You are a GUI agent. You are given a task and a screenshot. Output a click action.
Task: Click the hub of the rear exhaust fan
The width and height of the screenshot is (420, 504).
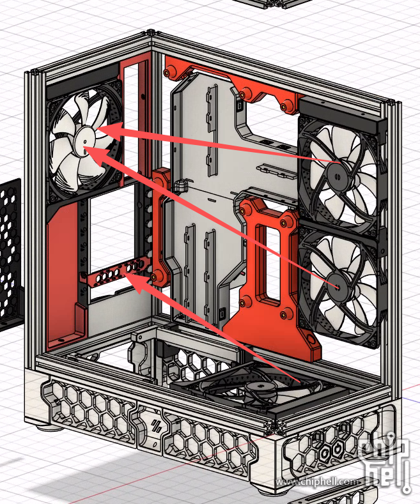[84, 141]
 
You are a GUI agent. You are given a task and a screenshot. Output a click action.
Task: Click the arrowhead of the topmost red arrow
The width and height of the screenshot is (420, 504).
[109, 131]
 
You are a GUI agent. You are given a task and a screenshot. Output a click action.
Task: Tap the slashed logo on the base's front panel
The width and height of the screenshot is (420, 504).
[156, 426]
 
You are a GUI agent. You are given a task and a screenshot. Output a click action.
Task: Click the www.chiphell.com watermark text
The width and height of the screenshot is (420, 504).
[316, 482]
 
